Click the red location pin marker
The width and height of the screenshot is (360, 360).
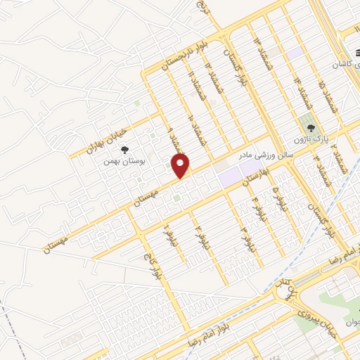[181, 166]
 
